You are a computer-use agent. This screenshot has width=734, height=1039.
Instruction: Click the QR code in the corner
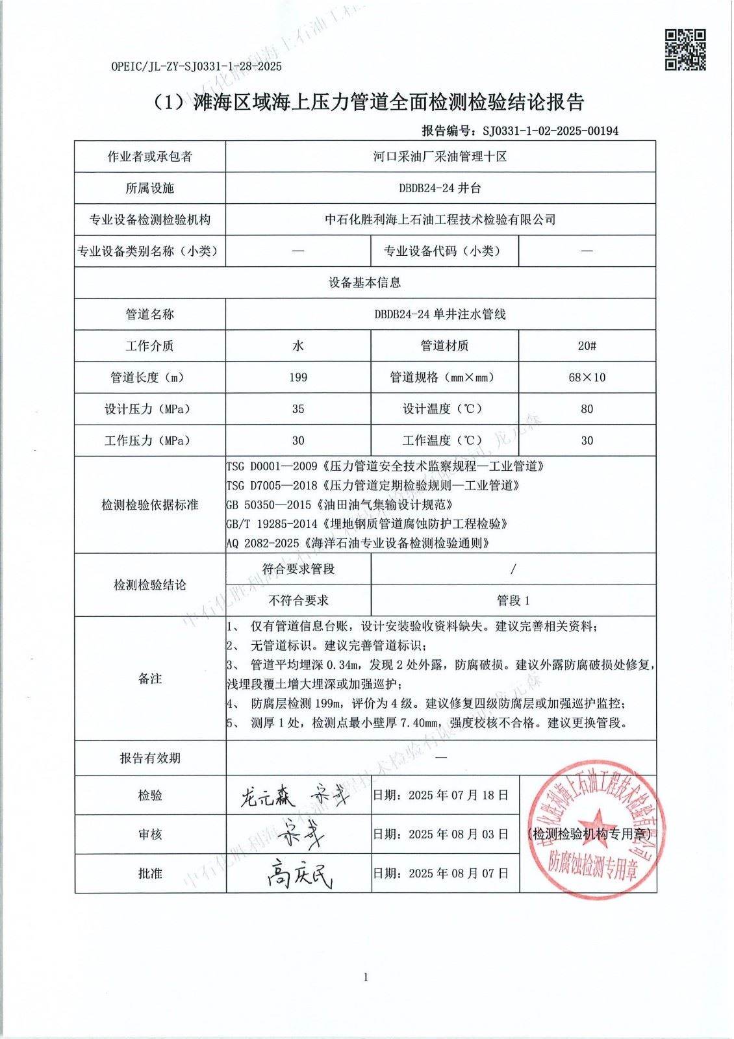pyautogui.click(x=685, y=49)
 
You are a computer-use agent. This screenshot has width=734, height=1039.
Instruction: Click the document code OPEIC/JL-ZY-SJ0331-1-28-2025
pyautogui.click(x=197, y=66)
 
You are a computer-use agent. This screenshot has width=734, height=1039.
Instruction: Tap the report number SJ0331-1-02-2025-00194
pyautogui.click(x=550, y=131)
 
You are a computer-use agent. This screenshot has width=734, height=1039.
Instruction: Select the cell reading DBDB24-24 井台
pyautogui.click(x=440, y=188)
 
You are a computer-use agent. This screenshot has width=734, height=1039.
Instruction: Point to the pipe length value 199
pyautogui.click(x=298, y=377)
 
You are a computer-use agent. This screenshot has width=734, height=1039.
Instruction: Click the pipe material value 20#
pyautogui.click(x=587, y=346)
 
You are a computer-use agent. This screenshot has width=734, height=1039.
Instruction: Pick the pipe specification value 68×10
pyautogui.click(x=587, y=377)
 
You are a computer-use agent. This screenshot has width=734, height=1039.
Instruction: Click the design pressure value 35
pyautogui.click(x=298, y=409)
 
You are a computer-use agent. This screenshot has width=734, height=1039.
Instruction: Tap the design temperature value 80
pyautogui.click(x=587, y=409)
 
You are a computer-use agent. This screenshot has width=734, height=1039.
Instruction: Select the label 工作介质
pyautogui.click(x=149, y=346)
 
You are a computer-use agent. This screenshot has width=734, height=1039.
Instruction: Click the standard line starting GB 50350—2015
pyautogui.click(x=339, y=505)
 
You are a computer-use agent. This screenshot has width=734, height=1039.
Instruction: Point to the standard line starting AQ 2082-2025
pyautogui.click(x=358, y=543)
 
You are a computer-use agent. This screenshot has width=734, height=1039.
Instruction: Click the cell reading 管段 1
pyautogui.click(x=513, y=601)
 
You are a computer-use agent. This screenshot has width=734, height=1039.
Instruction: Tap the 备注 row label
pyautogui.click(x=149, y=679)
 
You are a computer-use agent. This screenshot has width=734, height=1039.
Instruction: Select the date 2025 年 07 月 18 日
pyautogui.click(x=458, y=795)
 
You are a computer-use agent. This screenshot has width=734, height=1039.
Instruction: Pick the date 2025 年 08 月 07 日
pyautogui.click(x=458, y=874)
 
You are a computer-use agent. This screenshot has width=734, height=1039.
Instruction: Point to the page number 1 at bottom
pyautogui.click(x=366, y=977)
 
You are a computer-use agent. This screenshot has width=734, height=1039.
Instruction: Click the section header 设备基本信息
pyautogui.click(x=364, y=283)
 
